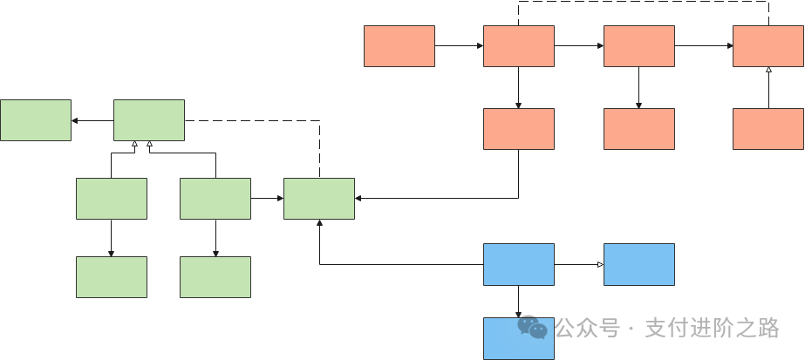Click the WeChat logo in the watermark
tap(532, 327)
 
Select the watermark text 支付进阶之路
tap(713, 329)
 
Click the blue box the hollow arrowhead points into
tap(639, 265)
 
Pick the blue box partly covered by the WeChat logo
tap(519, 338)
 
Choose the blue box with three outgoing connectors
tap(519, 265)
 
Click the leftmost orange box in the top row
tap(399, 46)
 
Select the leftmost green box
tap(36, 120)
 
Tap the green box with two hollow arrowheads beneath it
tap(149, 120)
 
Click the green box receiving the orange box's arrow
tap(319, 199)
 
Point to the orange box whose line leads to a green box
tap(519, 129)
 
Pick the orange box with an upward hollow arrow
tap(768, 129)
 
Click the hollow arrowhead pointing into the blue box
tap(600, 265)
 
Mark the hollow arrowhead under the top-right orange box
tap(768, 70)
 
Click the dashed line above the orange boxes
tap(644, 2)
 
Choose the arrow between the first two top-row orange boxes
tap(459, 45)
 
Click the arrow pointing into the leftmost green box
tap(92, 121)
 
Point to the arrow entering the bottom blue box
tap(519, 302)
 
